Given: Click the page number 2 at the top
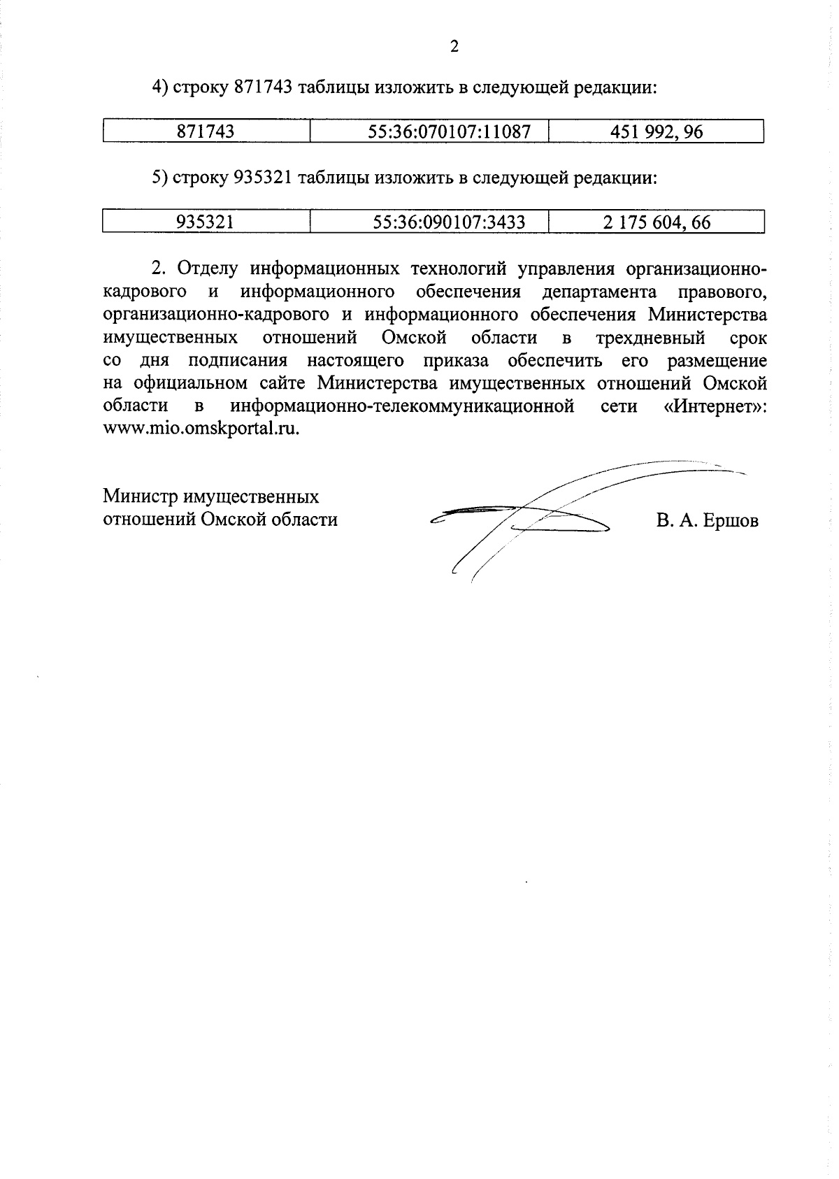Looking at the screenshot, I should (x=454, y=47).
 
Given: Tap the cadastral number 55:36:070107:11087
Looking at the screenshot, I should (x=450, y=131).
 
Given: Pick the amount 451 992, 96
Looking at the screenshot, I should (x=656, y=131).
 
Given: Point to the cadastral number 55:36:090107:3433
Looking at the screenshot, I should (x=450, y=222).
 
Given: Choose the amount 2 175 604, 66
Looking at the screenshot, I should (x=656, y=222).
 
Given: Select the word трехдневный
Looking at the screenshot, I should (x=650, y=338).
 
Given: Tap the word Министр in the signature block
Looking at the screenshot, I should (x=140, y=496).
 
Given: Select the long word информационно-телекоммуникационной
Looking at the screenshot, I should (x=402, y=406).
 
